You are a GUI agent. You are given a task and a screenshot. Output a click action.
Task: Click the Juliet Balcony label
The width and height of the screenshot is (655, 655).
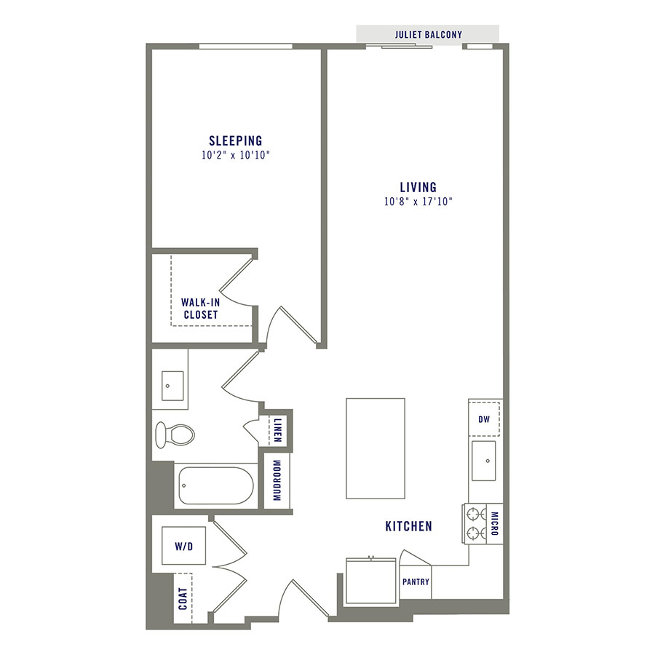(x=428, y=34)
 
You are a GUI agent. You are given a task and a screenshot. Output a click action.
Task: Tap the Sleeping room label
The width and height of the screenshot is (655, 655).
(x=235, y=140)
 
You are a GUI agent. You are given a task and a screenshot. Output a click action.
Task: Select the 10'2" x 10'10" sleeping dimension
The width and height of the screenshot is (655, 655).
(x=235, y=155)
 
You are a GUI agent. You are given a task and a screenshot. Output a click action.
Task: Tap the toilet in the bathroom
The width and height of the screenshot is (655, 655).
(x=175, y=434)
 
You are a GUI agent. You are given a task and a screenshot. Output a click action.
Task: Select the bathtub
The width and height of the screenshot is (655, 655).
(x=215, y=485)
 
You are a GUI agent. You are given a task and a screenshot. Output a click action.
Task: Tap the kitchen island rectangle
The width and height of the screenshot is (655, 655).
(x=375, y=448)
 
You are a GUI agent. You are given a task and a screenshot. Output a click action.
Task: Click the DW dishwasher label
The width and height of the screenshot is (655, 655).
(x=484, y=419)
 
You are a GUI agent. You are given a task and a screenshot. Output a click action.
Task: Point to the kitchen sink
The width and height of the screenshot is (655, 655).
(x=483, y=461)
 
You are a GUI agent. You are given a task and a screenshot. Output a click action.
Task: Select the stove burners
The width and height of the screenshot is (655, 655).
(x=475, y=524)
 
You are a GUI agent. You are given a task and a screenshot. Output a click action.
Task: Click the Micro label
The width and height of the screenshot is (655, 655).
(x=495, y=524)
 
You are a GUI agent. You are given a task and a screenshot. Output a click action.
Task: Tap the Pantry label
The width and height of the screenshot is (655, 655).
(x=416, y=581)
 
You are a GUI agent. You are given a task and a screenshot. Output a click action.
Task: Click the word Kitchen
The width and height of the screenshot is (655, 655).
(x=409, y=525)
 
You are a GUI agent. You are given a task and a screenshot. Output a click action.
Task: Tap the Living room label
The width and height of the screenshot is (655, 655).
(x=417, y=187)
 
